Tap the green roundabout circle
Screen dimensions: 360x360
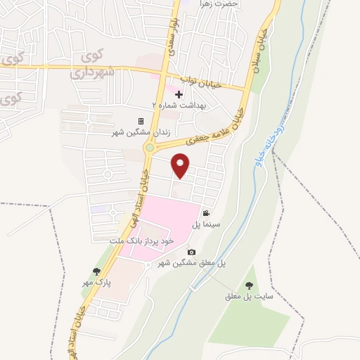coord(150,148)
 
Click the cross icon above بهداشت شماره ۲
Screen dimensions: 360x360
coord(179,94)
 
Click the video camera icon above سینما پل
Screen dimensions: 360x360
coord(206,213)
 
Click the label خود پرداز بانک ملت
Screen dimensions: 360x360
coord(146,240)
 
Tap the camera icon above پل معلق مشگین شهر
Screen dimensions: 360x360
coord(191,252)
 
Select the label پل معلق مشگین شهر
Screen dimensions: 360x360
coord(191,262)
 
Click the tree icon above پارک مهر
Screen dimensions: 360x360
coord(96,271)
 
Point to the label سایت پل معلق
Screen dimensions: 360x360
coord(247,296)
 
